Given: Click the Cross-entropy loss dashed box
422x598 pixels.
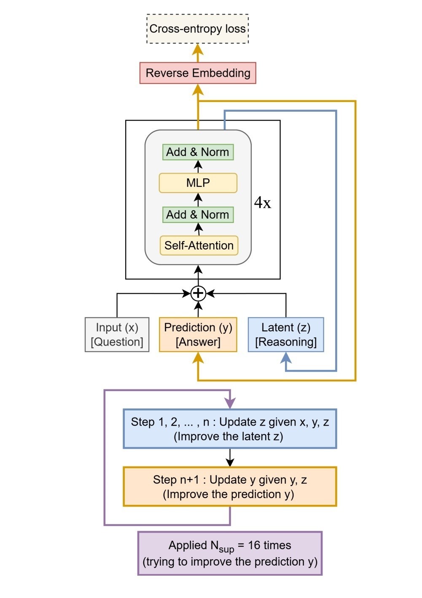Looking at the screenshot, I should pos(197,29).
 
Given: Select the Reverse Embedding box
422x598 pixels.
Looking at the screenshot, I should pos(198,73).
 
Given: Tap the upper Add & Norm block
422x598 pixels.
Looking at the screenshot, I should pos(198,152).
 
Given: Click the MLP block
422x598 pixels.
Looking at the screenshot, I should pos(198,183).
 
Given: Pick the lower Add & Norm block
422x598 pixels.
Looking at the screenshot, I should pos(198,215).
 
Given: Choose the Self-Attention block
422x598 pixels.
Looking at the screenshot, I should pos(199,245).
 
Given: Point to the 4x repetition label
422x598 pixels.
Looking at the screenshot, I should pos(262,203).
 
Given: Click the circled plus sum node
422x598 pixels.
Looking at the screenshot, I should pos(198,293).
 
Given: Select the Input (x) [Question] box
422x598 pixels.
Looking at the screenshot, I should pos(117,335).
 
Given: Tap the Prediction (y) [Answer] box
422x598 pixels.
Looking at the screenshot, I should pos(198,335).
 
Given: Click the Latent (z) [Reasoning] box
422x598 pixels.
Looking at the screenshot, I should pos(286,335).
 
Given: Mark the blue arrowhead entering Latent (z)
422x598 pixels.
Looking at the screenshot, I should pos(286,358).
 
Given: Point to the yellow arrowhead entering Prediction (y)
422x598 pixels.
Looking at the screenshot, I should pos(198,358).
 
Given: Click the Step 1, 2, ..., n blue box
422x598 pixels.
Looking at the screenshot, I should pos(230,429).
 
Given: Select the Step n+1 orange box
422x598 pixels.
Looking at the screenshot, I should pos(230,486).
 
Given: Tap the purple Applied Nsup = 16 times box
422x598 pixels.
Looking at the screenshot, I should pos(230,553).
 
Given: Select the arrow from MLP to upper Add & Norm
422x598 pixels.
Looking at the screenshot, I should pos(198,166).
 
